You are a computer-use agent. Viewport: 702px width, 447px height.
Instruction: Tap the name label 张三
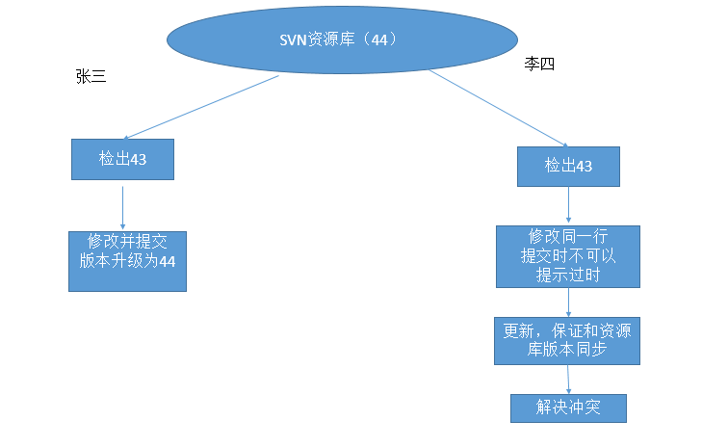[91, 78]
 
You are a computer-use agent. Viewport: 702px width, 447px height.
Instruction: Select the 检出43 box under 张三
[122, 159]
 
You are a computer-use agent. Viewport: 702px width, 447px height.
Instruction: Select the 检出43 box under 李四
[568, 166]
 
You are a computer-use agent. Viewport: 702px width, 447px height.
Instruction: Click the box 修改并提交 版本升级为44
[126, 261]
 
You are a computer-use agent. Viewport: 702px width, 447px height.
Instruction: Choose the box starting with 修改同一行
[567, 256]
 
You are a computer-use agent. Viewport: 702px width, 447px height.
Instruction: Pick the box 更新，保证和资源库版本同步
[567, 340]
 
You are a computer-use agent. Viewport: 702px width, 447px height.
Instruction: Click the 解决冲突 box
[568, 408]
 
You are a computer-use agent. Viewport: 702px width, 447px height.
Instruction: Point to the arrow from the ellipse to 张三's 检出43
[202, 108]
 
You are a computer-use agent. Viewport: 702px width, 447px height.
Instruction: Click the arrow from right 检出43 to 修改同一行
[568, 205]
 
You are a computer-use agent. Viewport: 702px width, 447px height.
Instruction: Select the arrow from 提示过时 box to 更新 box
[568, 302]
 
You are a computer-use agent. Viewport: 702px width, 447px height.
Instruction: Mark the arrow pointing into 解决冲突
[568, 379]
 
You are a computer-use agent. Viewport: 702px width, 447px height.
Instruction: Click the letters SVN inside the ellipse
[292, 39]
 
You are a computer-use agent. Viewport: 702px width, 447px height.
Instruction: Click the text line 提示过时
[567, 274]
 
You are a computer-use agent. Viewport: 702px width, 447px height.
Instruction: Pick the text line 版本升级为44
[126, 260]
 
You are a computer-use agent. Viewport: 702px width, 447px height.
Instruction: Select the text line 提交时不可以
[567, 255]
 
